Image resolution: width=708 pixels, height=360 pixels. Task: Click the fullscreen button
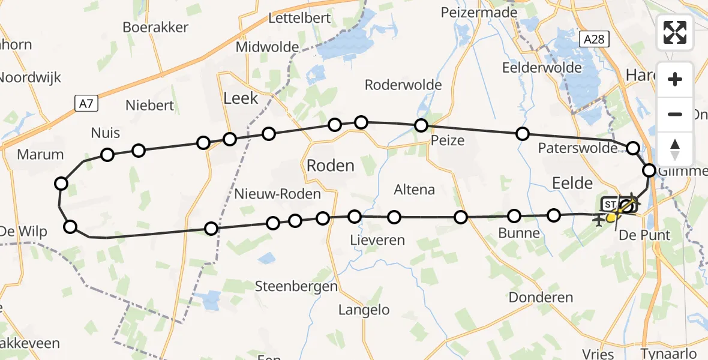click(675, 32)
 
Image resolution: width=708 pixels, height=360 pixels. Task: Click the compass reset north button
click(675, 149)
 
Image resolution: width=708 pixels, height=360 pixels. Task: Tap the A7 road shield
click(86, 104)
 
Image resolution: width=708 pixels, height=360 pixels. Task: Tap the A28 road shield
click(595, 40)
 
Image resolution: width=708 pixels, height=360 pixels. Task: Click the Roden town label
click(331, 166)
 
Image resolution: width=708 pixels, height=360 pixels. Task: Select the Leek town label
click(241, 98)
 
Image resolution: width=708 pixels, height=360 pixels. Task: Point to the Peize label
click(448, 140)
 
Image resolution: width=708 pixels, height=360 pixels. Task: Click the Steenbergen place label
click(296, 286)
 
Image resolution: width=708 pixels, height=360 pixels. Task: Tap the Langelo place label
click(364, 310)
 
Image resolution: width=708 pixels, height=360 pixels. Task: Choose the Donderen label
click(541, 297)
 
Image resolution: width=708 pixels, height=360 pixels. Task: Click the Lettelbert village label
click(299, 17)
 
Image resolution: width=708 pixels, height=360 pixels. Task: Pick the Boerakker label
click(155, 27)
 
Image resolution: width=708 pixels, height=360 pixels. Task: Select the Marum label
click(40, 154)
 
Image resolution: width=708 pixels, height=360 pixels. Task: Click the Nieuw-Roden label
click(277, 194)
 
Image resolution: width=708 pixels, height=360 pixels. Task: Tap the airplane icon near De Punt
click(598, 221)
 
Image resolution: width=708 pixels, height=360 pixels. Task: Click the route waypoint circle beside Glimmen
click(649, 170)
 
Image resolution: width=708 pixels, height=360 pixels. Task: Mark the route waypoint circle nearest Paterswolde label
click(633, 148)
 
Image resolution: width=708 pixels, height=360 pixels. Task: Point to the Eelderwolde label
click(542, 67)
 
